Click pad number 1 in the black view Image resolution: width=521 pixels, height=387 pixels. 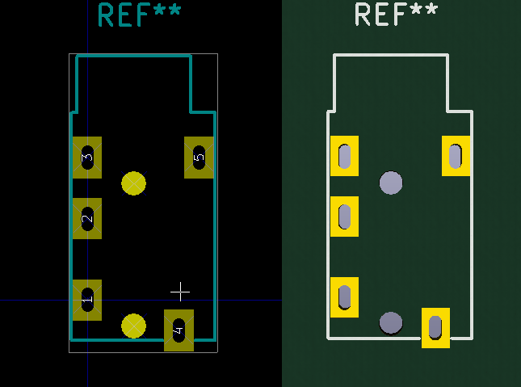coord(87,300)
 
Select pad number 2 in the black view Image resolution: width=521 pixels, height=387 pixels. coord(87,218)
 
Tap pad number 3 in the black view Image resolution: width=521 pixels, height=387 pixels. coord(87,157)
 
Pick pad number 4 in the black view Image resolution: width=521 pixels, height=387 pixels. coord(179,330)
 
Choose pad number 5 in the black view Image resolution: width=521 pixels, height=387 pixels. coord(199,157)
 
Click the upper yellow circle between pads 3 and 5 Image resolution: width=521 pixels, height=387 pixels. coord(133,183)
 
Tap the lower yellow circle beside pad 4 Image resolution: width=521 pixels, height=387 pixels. coord(133,326)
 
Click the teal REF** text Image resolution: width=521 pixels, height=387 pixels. coord(139,15)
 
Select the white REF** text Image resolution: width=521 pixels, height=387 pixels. coord(396,15)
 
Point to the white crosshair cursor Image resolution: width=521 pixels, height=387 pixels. coord(180,292)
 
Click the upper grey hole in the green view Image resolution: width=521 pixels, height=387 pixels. coord(391,183)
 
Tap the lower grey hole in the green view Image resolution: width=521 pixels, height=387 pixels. coord(391,323)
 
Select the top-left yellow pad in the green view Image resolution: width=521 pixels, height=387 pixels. coord(345,155)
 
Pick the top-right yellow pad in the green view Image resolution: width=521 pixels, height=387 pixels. coord(456,155)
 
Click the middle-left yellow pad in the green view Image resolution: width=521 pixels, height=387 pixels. coord(345,217)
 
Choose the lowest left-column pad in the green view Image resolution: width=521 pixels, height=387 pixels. coord(345,297)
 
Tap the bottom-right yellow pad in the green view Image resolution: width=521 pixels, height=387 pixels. coord(435,327)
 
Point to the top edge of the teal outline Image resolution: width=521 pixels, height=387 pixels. coord(133,57)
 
